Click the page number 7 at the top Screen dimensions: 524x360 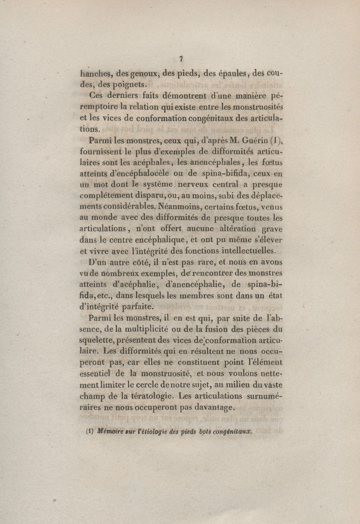point(180,58)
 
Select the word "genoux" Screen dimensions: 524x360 point(144,72)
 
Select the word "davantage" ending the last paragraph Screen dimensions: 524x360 point(210,408)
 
